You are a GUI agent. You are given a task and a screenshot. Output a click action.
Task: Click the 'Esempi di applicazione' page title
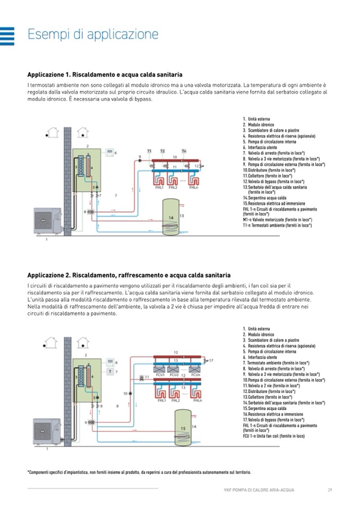pyautogui.click(x=93, y=35)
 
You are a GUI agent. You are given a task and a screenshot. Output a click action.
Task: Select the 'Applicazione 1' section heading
pyautogui.click(x=105, y=75)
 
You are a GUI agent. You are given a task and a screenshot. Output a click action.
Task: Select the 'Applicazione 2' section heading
pyautogui.click(x=128, y=275)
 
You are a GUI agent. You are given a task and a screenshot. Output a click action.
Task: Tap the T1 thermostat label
pyautogui.click(x=149, y=151)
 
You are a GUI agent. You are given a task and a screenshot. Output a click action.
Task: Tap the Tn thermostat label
pyautogui.click(x=184, y=151)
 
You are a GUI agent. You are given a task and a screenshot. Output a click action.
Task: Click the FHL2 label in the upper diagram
pyautogui.click(x=173, y=187)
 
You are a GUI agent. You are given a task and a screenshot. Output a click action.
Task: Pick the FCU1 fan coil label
pyautogui.click(x=160, y=375)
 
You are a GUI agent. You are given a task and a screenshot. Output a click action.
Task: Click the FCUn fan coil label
pyautogui.click(x=195, y=375)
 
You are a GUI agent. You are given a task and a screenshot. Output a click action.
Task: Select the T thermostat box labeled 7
pyautogui.click(x=110, y=372)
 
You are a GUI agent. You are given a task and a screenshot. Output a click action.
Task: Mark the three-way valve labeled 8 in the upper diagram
pyautogui.click(x=91, y=213)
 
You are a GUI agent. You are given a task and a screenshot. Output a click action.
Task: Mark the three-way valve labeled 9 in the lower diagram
pyautogui.click(x=92, y=422)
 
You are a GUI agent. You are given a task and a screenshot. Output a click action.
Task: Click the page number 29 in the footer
pyautogui.click(x=329, y=489)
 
